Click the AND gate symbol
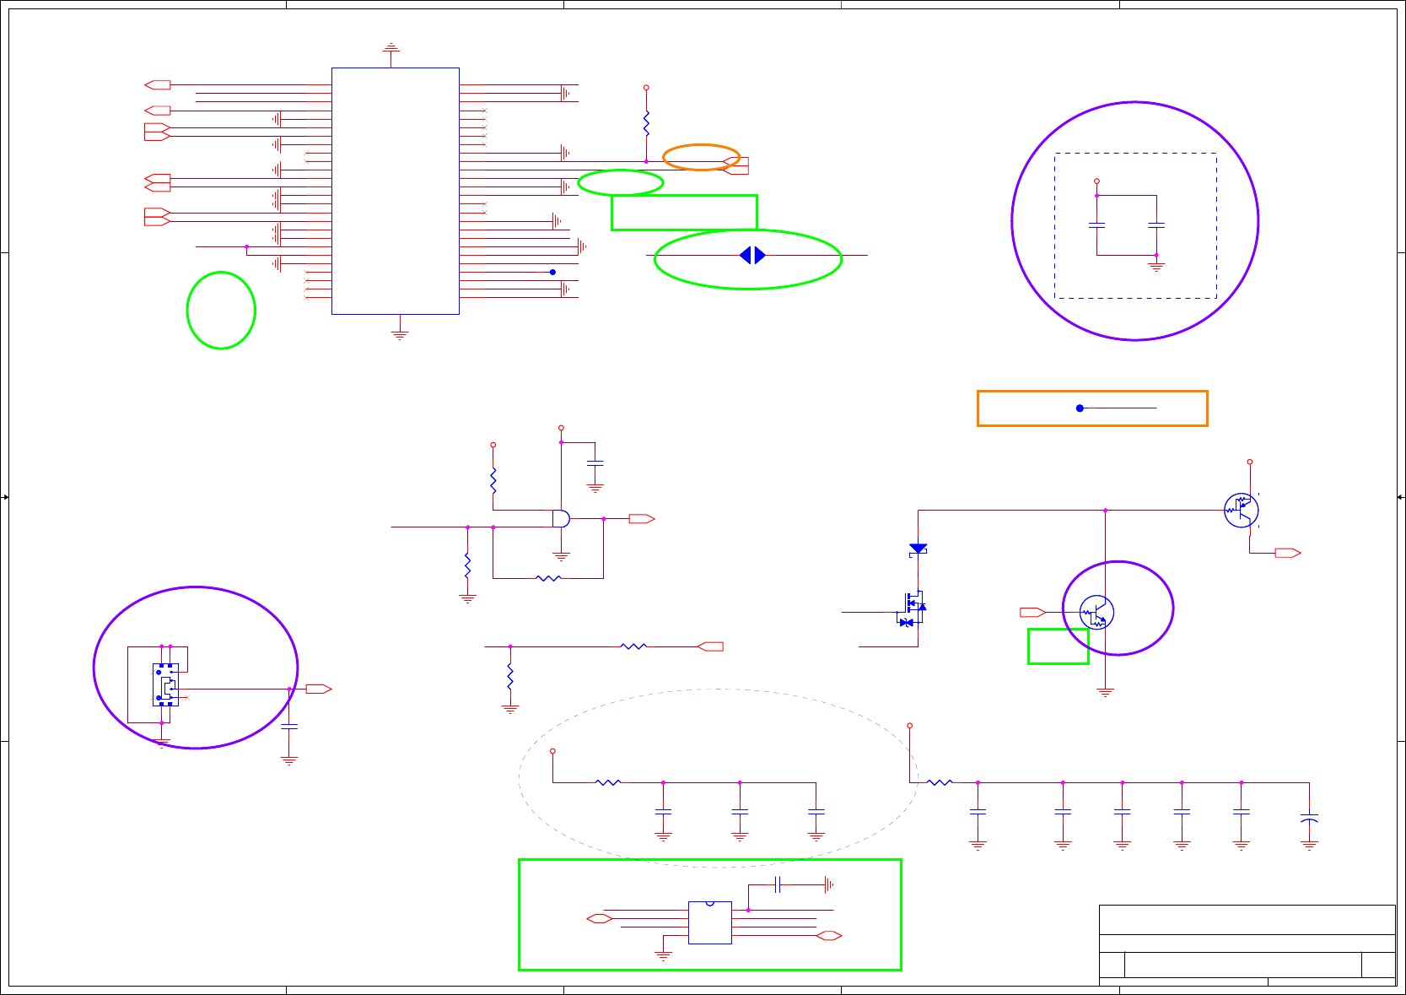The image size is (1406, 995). [561, 518]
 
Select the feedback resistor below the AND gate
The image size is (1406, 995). [548, 578]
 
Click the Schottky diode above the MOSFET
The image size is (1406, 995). [918, 549]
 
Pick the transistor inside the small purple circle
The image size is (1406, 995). [1096, 612]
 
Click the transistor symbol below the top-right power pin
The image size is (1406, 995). [1241, 510]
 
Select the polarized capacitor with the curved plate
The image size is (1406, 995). [1309, 819]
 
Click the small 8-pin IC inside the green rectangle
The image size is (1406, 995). [709, 922]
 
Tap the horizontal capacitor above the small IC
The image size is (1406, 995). [778, 884]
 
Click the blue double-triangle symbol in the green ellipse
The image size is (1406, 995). [751, 255]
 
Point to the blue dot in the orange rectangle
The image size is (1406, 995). [1080, 408]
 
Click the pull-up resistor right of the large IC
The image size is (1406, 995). [646, 124]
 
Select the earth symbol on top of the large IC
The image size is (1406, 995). [391, 49]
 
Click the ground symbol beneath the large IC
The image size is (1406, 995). [400, 334]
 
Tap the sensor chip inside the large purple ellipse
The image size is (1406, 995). [165, 684]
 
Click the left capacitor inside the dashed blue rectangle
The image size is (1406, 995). [1096, 225]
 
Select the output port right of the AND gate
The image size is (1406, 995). [642, 519]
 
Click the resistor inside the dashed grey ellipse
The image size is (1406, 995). [608, 782]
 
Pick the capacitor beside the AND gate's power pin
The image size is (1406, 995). [595, 463]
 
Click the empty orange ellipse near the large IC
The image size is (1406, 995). [701, 157]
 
